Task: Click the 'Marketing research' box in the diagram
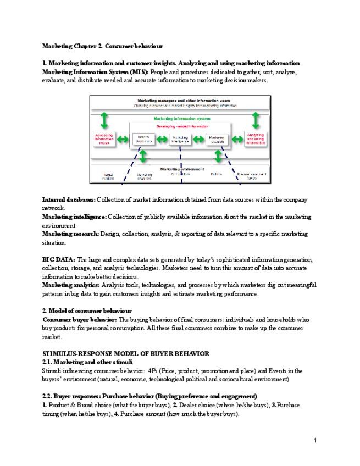(218, 140)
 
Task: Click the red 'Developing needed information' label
(180, 126)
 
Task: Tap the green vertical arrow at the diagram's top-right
(256, 120)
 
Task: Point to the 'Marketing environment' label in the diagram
(180, 169)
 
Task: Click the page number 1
(316, 440)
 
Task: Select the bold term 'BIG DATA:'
(59, 259)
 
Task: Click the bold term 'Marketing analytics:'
(71, 285)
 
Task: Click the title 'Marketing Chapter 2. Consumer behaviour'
(102, 46)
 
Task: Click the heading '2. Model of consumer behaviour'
(87, 311)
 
